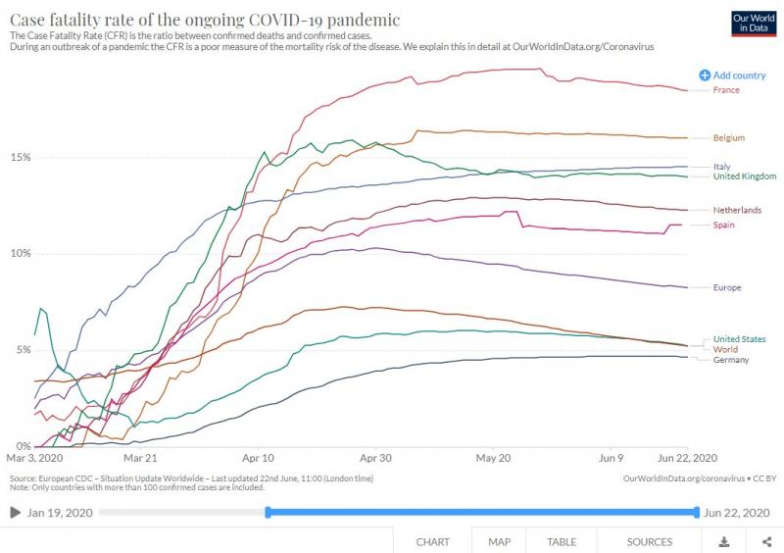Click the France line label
pyautogui.click(x=726, y=90)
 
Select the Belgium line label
pyautogui.click(x=729, y=138)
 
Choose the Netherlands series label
pyautogui.click(x=737, y=210)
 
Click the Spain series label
pyautogui.click(x=725, y=226)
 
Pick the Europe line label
pyautogui.click(x=727, y=287)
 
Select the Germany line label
pyautogui.click(x=731, y=360)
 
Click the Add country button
pyautogui.click(x=733, y=75)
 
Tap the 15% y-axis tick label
pyautogui.click(x=21, y=157)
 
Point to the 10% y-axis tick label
pyautogui.click(x=21, y=253)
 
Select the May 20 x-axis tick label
pyautogui.click(x=493, y=458)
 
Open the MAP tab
pyautogui.click(x=499, y=541)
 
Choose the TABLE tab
pyautogui.click(x=561, y=541)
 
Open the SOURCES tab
pyautogui.click(x=650, y=541)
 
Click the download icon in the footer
pyautogui.click(x=724, y=541)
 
